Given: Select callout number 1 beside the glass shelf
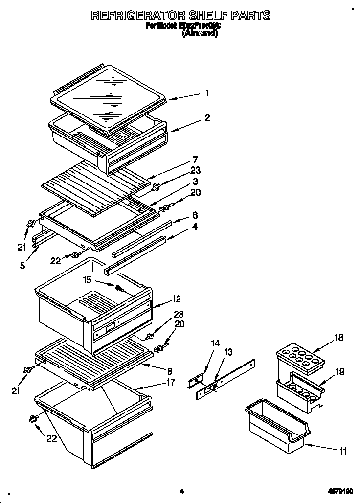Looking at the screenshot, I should point(207,93).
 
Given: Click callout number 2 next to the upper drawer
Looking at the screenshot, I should point(207,118).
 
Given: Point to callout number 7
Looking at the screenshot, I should point(195,159).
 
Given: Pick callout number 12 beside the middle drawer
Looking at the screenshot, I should point(177,298).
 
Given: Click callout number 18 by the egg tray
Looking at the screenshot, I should point(338,337).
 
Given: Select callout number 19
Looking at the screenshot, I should point(339,372).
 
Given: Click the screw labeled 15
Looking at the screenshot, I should point(118,288).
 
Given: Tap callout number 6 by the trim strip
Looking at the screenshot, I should point(195,215).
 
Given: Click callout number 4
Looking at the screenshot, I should point(195,227).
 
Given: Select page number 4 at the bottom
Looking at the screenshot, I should point(181,491).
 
